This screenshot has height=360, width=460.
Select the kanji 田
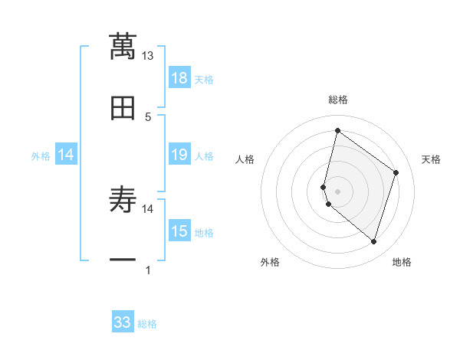pyautogui.click(x=123, y=109)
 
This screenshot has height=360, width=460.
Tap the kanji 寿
pyautogui.click(x=123, y=201)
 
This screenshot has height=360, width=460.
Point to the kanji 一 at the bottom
pyautogui.click(x=123, y=260)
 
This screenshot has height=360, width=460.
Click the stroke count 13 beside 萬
pyautogui.click(x=148, y=56)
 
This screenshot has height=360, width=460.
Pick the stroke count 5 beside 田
pyautogui.click(x=148, y=116)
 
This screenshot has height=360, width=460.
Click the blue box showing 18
pyautogui.click(x=179, y=78)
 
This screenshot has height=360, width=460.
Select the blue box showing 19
pyautogui.click(x=179, y=155)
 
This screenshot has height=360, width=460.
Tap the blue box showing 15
pyautogui.click(x=179, y=231)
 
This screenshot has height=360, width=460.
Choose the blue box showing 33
pyautogui.click(x=123, y=322)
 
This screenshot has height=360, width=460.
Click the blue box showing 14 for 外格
pyautogui.click(x=66, y=155)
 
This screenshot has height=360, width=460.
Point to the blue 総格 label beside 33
pyautogui.click(x=147, y=324)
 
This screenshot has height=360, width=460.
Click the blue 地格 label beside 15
pyautogui.click(x=204, y=233)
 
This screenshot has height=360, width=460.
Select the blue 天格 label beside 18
pyautogui.click(x=204, y=80)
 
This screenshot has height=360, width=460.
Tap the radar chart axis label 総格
pyautogui.click(x=338, y=100)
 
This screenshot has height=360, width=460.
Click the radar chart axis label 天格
pyautogui.click(x=431, y=159)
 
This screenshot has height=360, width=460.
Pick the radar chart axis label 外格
pyautogui.click(x=270, y=262)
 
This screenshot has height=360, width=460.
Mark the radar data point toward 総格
pyautogui.click(x=337, y=130)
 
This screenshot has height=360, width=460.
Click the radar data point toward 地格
pyautogui.click(x=373, y=242)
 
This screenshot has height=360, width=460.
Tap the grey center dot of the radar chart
pyautogui.click(x=337, y=191)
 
